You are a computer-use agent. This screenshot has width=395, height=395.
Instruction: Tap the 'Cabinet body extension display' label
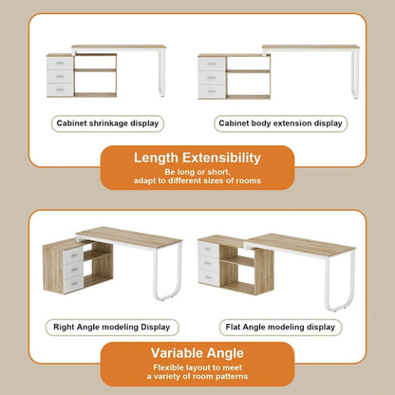280,123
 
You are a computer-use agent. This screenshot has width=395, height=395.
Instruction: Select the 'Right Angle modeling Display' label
112,327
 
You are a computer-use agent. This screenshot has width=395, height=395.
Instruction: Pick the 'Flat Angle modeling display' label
279,327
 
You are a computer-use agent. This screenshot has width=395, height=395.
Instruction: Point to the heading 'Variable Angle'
197,354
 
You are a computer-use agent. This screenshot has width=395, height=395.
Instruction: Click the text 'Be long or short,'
197,172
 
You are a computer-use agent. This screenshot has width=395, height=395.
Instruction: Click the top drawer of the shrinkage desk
59,64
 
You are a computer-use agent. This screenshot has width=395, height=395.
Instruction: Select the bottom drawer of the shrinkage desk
59,89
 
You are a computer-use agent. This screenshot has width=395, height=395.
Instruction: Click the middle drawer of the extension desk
211,77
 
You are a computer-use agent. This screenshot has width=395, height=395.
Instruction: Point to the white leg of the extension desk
354,74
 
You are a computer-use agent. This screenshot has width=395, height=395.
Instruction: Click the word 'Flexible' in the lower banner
155,369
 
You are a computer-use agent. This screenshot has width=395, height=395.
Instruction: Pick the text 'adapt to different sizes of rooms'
197,181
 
